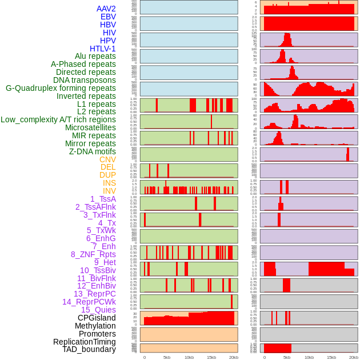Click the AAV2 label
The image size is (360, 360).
click(x=106, y=9)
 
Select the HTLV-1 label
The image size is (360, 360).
click(x=102, y=49)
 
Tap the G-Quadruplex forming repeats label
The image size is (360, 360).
click(x=61, y=89)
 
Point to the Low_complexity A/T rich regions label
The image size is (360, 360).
click(x=58, y=119)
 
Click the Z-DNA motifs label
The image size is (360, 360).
click(x=92, y=151)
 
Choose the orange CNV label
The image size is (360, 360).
click(x=107, y=159)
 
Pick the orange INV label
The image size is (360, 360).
click(x=109, y=191)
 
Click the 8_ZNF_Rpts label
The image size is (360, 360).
click(x=93, y=254)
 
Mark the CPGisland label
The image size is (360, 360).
click(x=97, y=318)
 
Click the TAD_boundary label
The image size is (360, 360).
click(x=89, y=349)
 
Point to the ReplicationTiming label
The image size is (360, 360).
click(x=85, y=342)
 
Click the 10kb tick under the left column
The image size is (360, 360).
click(x=189, y=357)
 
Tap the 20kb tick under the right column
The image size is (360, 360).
click(x=354, y=357)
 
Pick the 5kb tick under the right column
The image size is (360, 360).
click(x=287, y=357)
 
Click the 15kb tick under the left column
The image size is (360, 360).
click(x=211, y=357)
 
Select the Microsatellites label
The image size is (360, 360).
click(x=90, y=127)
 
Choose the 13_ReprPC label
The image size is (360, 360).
click(x=94, y=294)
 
